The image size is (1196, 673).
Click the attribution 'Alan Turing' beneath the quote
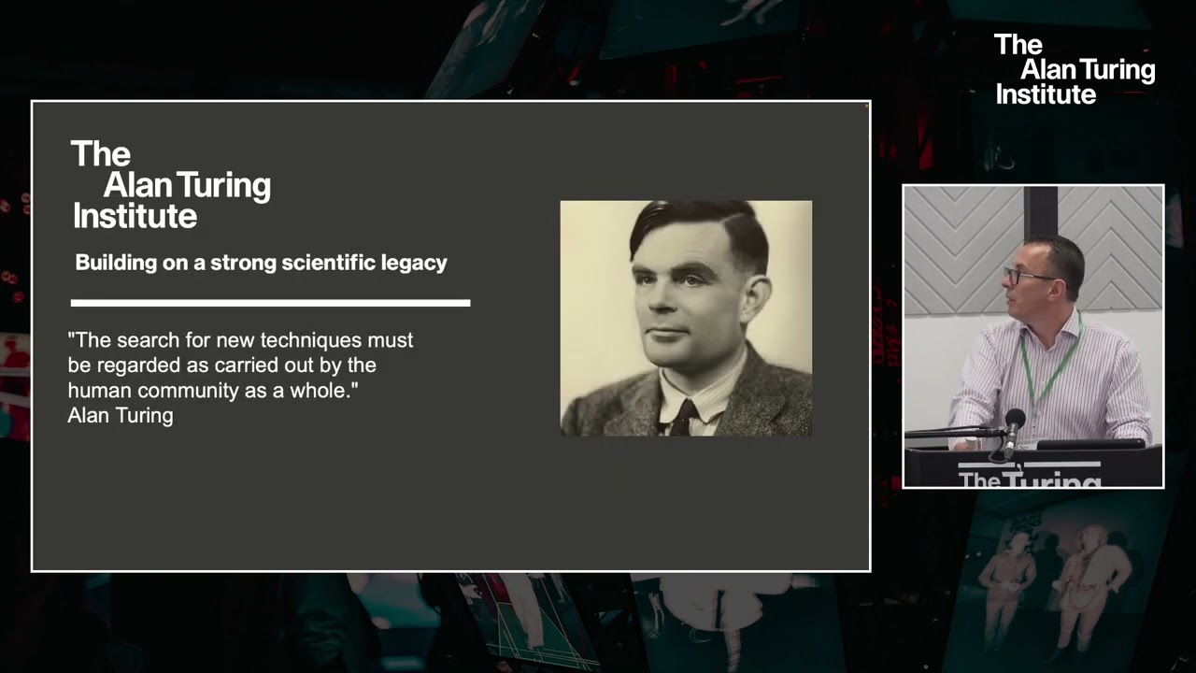pyautogui.click(x=121, y=416)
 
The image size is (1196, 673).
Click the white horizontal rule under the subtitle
pyautogui.click(x=270, y=303)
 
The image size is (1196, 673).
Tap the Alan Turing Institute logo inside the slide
pyautogui.click(x=171, y=185)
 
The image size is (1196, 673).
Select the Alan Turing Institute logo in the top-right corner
pyautogui.click(x=1075, y=69)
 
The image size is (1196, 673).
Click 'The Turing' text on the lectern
pyautogui.click(x=1029, y=479)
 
